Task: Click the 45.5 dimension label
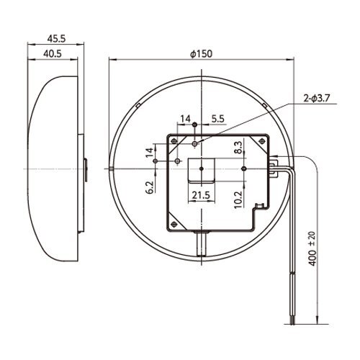pyautogui.click(x=56, y=39)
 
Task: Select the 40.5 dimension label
pyautogui.click(x=53, y=54)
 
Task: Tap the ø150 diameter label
pyautogui.click(x=201, y=54)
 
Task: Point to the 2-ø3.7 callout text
pyautogui.click(x=317, y=98)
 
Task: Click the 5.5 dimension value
pyautogui.click(x=217, y=119)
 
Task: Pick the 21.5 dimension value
pyautogui.click(x=201, y=195)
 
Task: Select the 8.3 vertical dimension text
pyautogui.click(x=239, y=147)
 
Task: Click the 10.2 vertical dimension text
pyautogui.click(x=239, y=200)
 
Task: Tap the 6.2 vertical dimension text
pyautogui.click(x=150, y=187)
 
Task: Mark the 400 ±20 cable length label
pyautogui.click(x=312, y=248)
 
